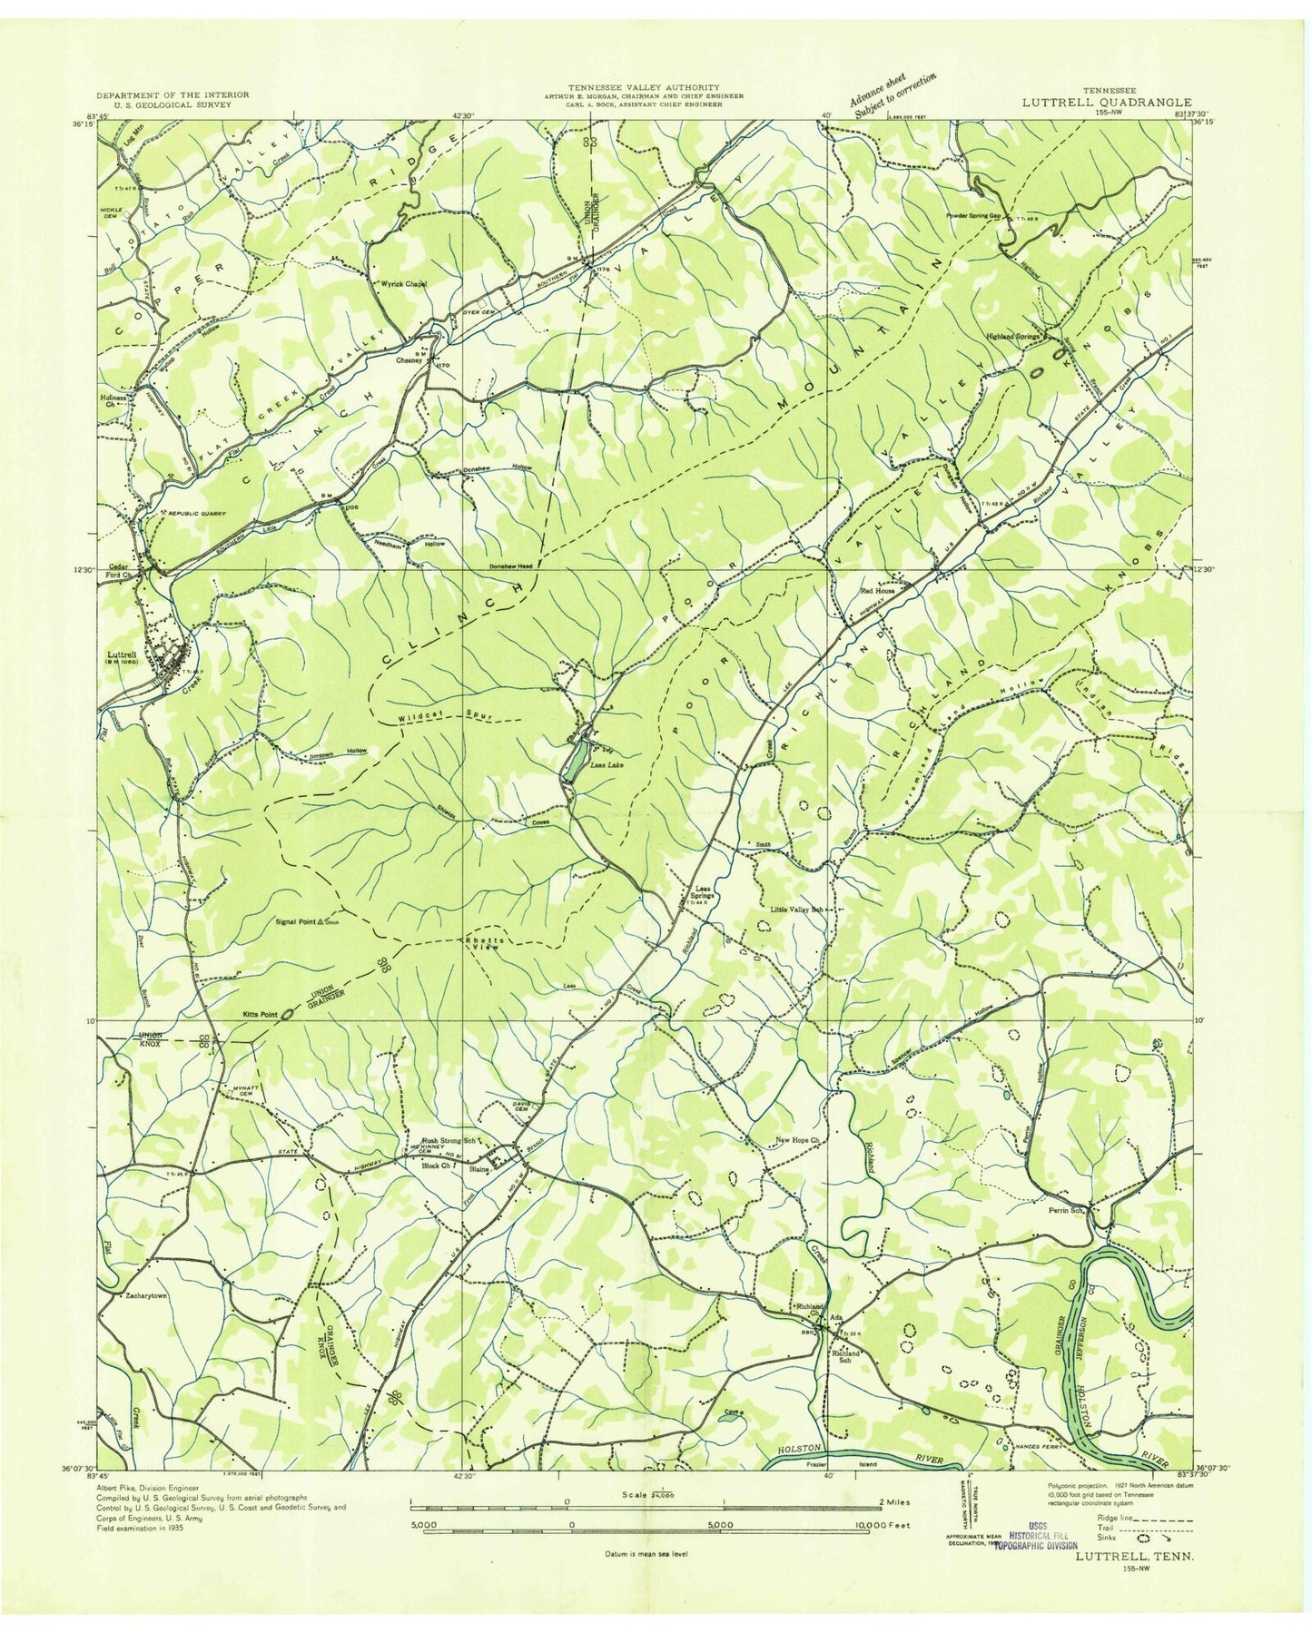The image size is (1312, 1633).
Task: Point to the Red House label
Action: (x=877, y=590)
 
